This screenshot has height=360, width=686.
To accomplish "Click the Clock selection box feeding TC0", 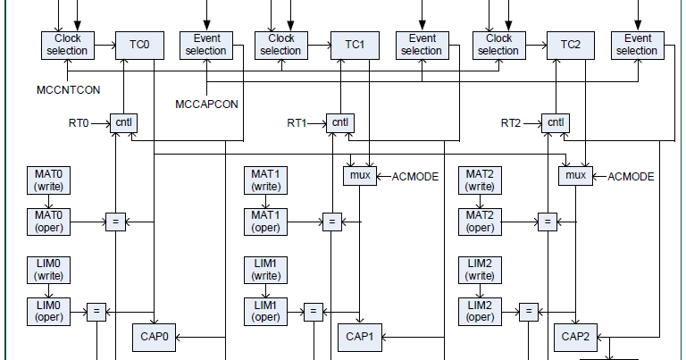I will point(66,45).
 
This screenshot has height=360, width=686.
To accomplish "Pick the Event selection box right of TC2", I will point(637,45).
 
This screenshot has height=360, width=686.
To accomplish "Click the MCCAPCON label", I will point(207,104).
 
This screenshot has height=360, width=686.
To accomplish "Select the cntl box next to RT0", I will point(122,122).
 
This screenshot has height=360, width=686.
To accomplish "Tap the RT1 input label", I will point(298,122).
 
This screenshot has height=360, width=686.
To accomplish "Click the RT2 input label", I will point(513,122).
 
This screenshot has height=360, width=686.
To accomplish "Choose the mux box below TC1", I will point(361,176).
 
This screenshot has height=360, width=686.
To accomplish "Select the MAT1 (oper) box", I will point(264,222).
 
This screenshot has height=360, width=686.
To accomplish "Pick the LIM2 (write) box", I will point(480,271).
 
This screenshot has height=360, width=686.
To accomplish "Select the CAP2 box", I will point(575,337).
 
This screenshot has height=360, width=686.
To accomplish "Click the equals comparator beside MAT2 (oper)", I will point(546,222).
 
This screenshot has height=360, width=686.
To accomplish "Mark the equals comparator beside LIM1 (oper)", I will point(313,312).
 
